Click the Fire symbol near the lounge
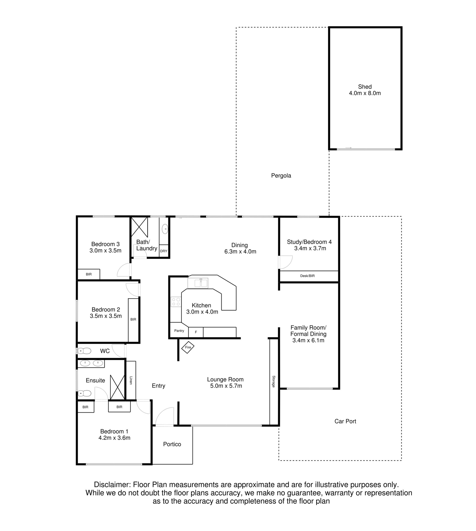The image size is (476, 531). tap(188, 347)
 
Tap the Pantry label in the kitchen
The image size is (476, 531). tap(179, 331)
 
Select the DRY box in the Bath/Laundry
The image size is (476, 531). tap(164, 251)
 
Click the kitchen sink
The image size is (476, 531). tap(198, 283)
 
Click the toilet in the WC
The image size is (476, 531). tap(84, 351)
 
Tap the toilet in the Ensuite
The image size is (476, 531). tap(85, 393)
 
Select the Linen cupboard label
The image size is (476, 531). tap(131, 380)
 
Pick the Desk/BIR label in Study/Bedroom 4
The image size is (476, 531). tap(307, 276)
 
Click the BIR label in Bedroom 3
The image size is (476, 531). tap(89, 274)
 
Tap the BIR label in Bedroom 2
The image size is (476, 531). tap(133, 319)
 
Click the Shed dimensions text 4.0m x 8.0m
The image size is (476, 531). tap(365, 93)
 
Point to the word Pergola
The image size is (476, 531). tap(281, 176)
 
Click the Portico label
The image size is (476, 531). tap(172, 444)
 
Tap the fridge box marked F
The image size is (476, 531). tap(196, 332)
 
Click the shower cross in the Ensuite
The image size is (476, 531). tap(117, 387)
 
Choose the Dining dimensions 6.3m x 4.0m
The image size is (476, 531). tap(240, 252)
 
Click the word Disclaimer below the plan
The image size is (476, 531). tap(112, 485)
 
